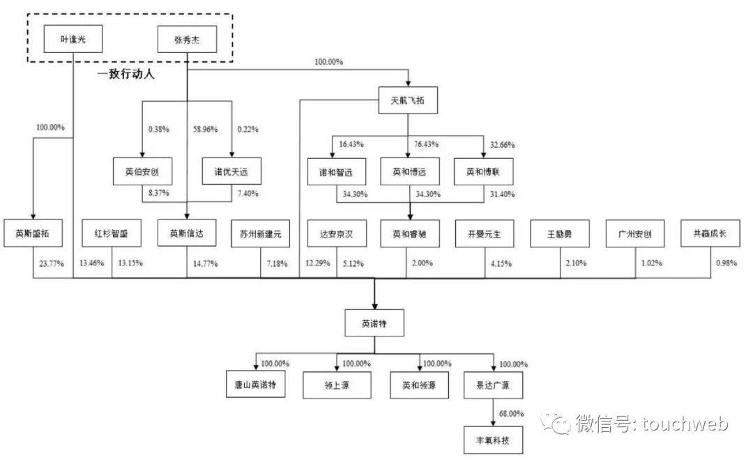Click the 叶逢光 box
(x=73, y=39)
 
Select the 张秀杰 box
(x=187, y=39)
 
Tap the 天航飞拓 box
(x=408, y=100)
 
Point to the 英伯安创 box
(x=142, y=171)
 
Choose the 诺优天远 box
(x=231, y=171)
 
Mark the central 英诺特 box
(x=374, y=323)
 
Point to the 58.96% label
(x=205, y=130)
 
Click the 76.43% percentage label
(x=426, y=144)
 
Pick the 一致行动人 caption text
(x=125, y=73)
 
